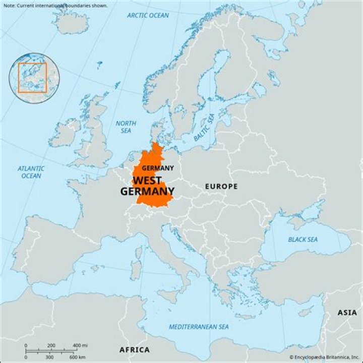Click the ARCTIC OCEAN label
point(148,16)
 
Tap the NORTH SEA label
point(126,127)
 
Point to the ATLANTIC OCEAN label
point(31,172)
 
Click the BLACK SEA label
point(302,239)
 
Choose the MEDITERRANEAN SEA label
point(199,327)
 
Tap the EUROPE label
point(221,187)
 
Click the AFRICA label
point(134,349)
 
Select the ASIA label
point(347,313)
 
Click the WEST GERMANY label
point(147,186)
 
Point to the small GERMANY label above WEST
point(157,168)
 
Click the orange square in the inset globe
point(32,78)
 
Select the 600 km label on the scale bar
point(78,357)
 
